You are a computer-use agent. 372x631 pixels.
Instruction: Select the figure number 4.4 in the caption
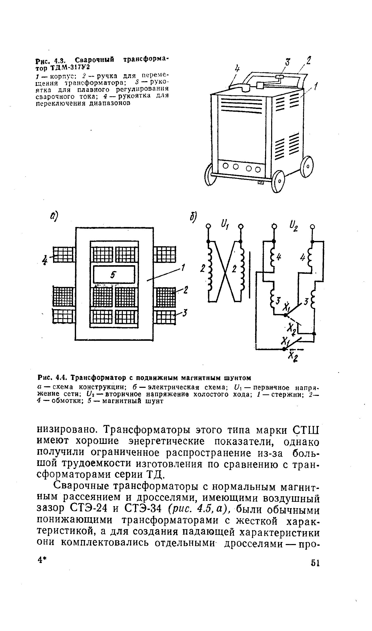tap(61, 378)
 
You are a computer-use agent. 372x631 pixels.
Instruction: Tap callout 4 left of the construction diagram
tap(45, 260)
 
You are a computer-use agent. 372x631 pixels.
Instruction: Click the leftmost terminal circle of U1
tap(208, 226)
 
